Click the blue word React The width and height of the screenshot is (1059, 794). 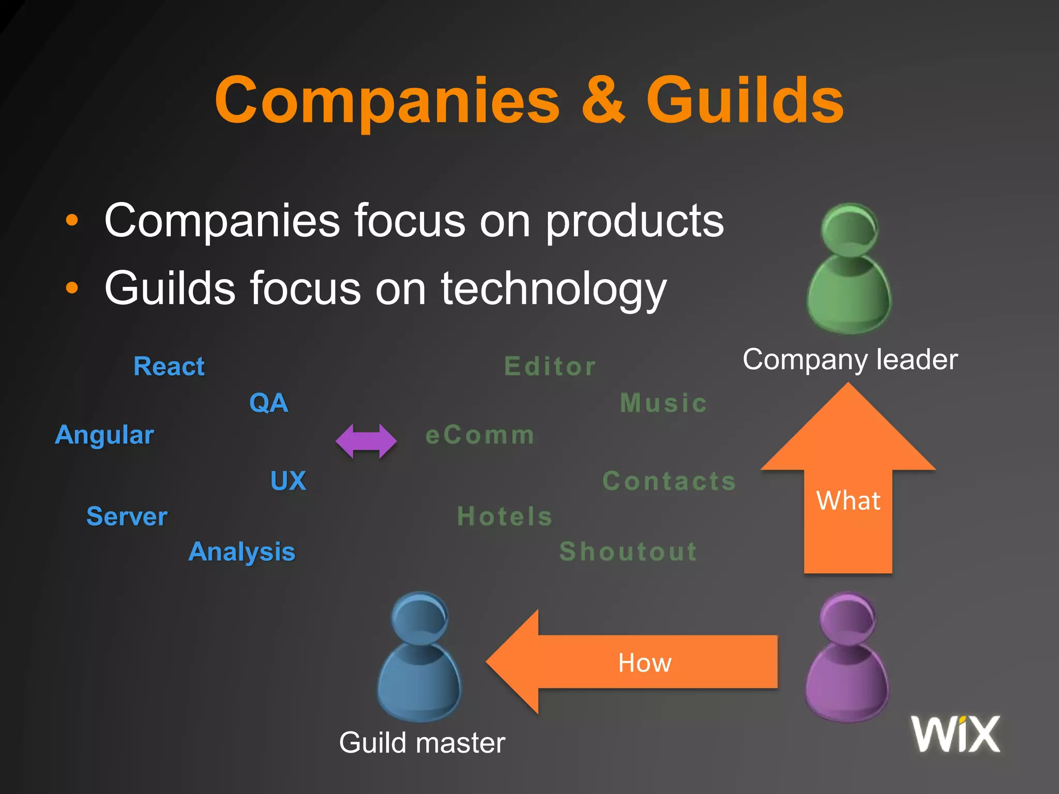pos(169,367)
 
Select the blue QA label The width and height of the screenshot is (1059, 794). pos(268,403)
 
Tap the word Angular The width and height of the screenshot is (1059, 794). pos(104,435)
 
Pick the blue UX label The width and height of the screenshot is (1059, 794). pos(288,481)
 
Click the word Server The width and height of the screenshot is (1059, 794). pos(127,516)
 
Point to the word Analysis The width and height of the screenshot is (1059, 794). pos(241,552)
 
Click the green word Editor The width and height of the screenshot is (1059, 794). pos(550,367)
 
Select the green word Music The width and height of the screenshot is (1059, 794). pos(663,403)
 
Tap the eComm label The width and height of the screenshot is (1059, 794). pos(480,435)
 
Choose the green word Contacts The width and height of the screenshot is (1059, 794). pos(669,481)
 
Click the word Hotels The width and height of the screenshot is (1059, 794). pos(505,516)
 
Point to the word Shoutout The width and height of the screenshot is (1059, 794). pos(628,552)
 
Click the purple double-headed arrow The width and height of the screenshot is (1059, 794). pos(366,441)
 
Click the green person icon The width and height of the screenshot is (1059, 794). pos(849,269)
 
